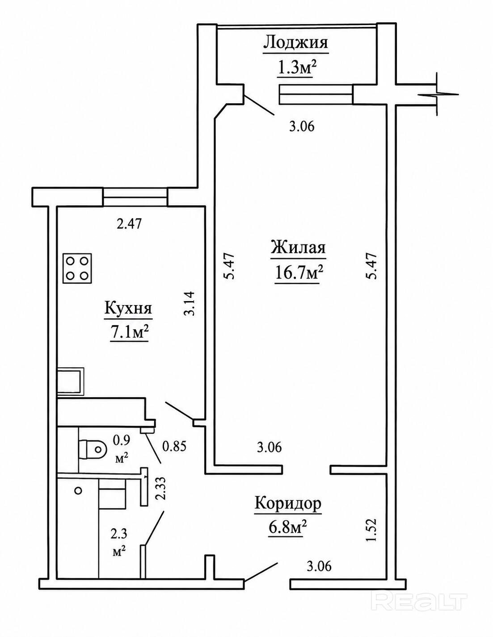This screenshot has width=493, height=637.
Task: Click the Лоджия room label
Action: click(295, 43)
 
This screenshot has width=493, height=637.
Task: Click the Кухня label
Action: click(128, 309)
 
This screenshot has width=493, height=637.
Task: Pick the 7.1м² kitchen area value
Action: click(128, 333)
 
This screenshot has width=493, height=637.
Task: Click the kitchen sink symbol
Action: click(71, 381)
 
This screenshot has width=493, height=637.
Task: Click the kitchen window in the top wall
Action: click(135, 197)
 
